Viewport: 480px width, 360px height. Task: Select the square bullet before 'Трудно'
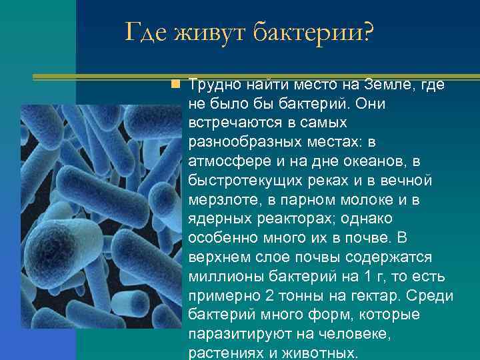[175, 85]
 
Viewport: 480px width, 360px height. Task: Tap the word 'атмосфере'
[225, 161]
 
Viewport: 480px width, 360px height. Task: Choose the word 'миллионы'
[220, 277]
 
